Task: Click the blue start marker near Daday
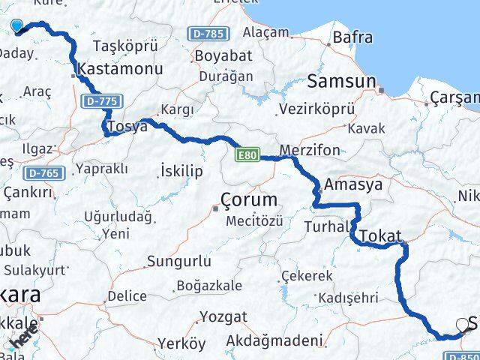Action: point(17,26)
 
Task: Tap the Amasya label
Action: point(352,184)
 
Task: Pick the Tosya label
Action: point(127,126)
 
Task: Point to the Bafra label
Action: point(352,37)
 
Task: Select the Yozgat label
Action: point(222,316)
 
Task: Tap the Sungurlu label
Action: point(178,261)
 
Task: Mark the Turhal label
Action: point(327,226)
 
